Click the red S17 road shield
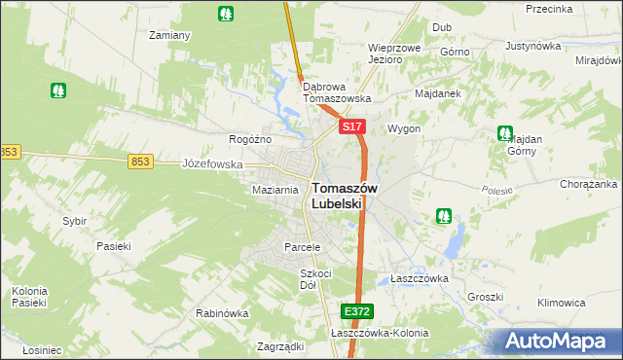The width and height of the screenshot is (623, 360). point(352,127)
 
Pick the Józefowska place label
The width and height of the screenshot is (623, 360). point(212,164)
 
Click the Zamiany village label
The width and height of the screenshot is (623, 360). point(168,35)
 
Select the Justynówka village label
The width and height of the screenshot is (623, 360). point(535,46)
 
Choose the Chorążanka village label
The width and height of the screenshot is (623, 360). point(589,184)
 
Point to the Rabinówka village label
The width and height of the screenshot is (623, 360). point(222,314)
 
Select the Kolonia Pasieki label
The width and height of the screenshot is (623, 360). point(29,297)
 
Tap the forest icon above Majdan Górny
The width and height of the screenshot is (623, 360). point(504,133)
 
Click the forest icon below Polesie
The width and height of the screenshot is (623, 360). point(444,215)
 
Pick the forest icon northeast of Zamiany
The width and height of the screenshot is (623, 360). point(226,14)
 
